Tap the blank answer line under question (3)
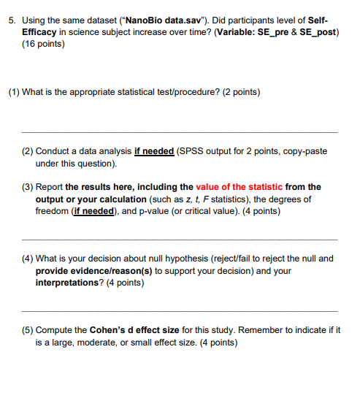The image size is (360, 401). click(x=183, y=239)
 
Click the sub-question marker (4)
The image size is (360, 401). click(x=27, y=259)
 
